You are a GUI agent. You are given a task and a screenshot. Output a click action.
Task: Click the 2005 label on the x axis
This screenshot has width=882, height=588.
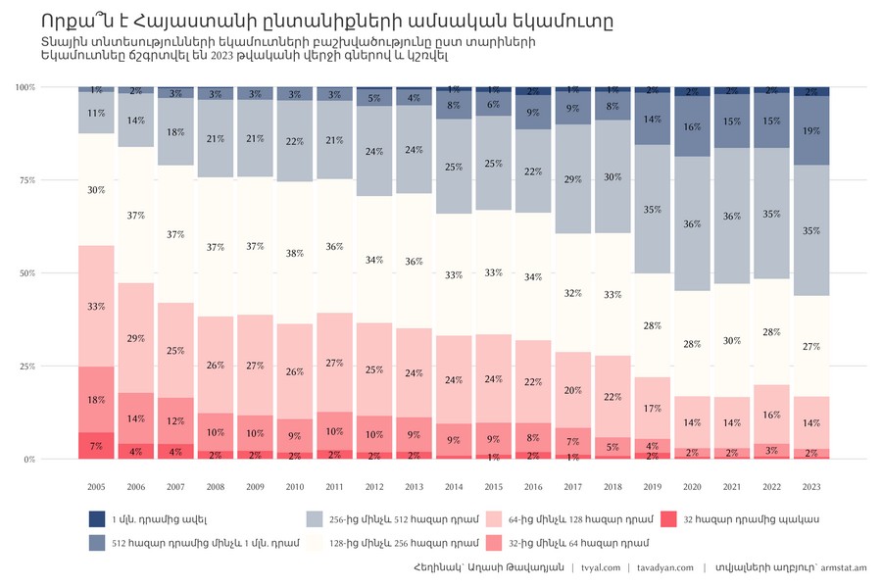pos(96,486)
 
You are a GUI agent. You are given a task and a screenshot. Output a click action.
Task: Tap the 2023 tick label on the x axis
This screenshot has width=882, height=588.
pos(811,486)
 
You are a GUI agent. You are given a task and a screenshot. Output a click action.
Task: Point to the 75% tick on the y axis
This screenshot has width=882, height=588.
pos(26,180)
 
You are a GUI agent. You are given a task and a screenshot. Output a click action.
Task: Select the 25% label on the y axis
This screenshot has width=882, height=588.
pos(26,367)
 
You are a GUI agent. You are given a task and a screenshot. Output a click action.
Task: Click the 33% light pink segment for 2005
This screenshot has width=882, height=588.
pos(96,307)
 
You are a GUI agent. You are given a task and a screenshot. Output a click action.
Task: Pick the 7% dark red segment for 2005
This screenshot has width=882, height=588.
pos(96,446)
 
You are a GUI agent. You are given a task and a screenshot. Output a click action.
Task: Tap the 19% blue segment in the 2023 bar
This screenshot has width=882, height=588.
pos(811,130)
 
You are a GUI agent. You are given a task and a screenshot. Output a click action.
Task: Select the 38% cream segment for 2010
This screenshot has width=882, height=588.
pos(295,253)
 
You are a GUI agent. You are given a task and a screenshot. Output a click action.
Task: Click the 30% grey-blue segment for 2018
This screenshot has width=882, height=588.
pos(612,177)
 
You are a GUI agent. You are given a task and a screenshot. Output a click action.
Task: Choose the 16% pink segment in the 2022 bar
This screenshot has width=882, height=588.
pos(771,415)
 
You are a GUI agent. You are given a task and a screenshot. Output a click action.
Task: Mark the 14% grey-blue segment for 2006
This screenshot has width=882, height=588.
pos(136,121)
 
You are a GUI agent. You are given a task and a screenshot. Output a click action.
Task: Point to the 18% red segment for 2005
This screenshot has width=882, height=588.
pos(96,400)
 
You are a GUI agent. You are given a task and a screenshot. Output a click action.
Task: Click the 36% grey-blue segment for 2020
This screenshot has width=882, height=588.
pos(692,224)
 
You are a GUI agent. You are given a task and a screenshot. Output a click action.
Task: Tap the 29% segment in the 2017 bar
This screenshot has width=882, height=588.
pos(573,179)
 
